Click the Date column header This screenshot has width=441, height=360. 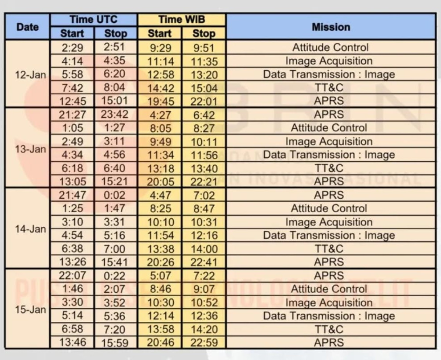[x=28, y=27]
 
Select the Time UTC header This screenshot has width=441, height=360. [x=94, y=20]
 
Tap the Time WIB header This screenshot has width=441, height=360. [x=181, y=20]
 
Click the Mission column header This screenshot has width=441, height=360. [x=331, y=27]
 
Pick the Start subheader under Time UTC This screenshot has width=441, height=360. [x=72, y=33]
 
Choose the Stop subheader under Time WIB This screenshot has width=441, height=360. [x=204, y=33]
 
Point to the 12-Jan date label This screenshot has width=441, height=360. [x=30, y=74]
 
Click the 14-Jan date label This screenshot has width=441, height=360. [x=30, y=229]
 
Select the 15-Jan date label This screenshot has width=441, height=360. [x=30, y=309]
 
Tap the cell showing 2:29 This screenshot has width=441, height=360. [x=72, y=47]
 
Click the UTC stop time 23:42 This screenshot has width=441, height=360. [x=114, y=115]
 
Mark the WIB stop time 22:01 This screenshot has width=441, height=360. [x=204, y=101]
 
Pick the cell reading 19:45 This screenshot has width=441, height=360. [x=160, y=101]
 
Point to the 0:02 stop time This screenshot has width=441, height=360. [x=114, y=195]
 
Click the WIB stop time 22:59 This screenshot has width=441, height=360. [x=204, y=343]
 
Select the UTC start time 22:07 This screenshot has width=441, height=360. [x=72, y=276]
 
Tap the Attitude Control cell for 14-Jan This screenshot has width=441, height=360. [x=329, y=209]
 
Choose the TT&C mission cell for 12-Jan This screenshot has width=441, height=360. [x=329, y=88]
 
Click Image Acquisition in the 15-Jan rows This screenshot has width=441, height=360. [x=329, y=303]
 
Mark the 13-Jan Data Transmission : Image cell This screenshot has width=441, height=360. [x=329, y=155]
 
